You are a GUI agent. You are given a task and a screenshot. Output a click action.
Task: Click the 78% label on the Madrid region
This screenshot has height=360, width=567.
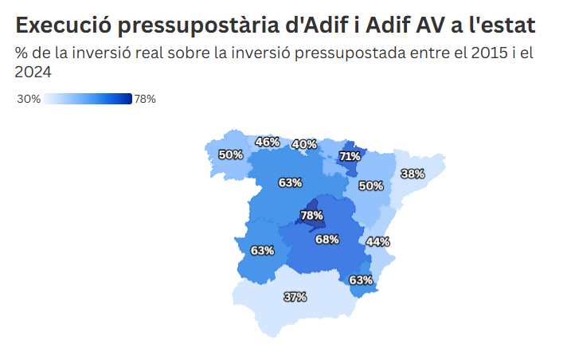(x=311, y=216)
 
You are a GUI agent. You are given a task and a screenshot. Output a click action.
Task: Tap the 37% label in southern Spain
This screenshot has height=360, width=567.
(x=295, y=297)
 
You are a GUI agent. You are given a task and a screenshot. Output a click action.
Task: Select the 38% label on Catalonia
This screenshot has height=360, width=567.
(x=412, y=174)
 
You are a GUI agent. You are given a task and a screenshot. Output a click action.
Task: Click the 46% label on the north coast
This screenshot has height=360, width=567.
(x=267, y=143)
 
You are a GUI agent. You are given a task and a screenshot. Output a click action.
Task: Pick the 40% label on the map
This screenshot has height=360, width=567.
(x=304, y=144)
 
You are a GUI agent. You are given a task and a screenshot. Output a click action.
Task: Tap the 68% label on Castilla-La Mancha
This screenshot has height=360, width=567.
(x=327, y=239)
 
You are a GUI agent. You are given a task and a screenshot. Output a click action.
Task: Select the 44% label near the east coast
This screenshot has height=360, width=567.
(x=377, y=241)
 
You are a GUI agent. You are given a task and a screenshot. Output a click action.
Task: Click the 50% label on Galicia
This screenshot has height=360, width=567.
(x=231, y=155)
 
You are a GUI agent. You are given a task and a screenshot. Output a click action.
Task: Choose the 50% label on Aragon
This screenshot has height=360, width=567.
(x=370, y=186)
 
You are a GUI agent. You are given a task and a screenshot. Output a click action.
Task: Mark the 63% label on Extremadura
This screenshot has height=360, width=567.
(x=262, y=250)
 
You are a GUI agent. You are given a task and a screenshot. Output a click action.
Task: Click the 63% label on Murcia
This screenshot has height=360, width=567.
(x=361, y=280)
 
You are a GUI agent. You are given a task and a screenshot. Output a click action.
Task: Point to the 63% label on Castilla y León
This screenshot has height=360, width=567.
(x=290, y=182)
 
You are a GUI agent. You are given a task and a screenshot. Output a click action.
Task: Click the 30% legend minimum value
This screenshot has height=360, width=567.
(x=29, y=100)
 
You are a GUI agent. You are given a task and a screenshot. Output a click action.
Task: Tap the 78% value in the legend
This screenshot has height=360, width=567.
(x=145, y=100)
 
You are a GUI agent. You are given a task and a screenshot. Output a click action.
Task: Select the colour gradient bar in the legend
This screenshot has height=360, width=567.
(x=88, y=100)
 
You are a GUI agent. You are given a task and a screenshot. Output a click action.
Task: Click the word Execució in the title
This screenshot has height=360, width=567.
(x=62, y=25)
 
